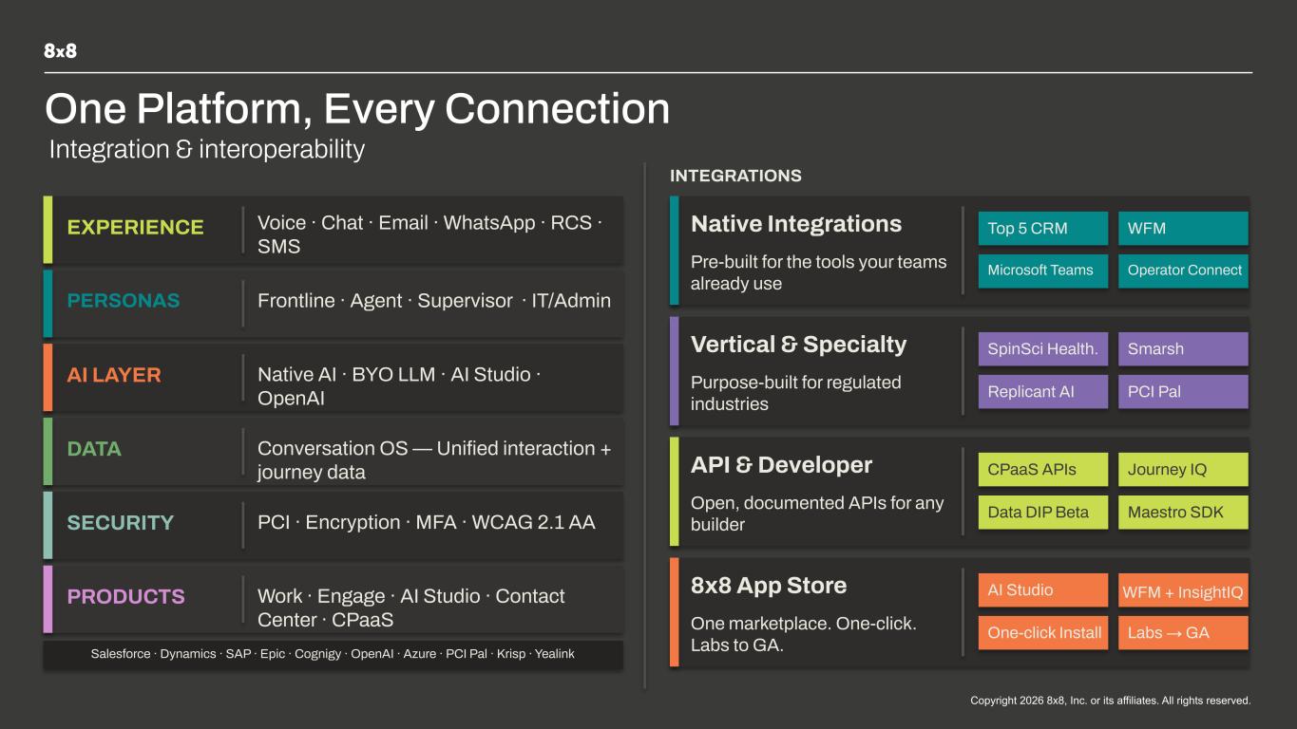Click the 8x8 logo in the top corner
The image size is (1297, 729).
60,51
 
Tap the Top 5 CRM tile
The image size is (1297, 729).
1042,228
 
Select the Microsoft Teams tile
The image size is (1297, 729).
1042,271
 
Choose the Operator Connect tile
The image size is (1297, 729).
1183,271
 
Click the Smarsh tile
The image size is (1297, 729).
1183,349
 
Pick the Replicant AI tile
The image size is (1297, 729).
1042,392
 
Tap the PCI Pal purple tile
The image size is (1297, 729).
1183,392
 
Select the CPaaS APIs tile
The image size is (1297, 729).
1042,469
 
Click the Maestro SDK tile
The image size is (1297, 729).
1183,512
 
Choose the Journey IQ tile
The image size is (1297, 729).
1183,469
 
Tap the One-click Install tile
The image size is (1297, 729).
1042,632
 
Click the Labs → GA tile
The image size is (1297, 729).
1183,632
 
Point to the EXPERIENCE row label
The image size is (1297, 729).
136,228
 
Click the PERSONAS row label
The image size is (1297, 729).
124,301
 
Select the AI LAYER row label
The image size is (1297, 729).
114,375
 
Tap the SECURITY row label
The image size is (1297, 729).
121,523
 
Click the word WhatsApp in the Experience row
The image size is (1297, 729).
489,223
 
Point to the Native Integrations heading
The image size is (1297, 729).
796,224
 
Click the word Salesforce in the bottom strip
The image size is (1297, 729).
121,654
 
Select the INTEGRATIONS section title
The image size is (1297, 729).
736,176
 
